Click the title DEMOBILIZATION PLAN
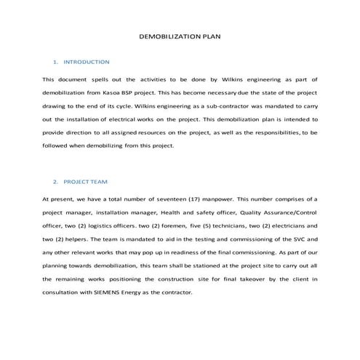(179, 35)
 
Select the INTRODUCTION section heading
(87, 62)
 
